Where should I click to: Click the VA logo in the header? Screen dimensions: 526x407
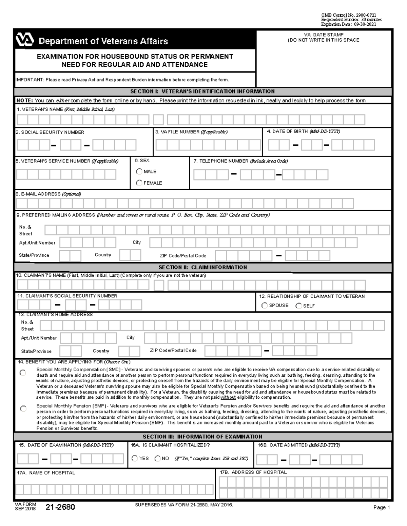(x=25, y=41)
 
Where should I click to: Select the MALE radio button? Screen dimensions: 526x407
(x=139, y=171)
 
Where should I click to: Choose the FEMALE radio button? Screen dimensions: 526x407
(x=139, y=183)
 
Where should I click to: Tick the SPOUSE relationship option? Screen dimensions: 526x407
(x=265, y=306)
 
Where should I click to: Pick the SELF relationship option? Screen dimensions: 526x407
(x=298, y=306)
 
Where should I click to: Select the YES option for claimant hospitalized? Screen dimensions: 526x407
(x=135, y=459)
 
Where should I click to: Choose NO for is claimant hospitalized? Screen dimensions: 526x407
(x=157, y=459)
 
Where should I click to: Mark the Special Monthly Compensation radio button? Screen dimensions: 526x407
(x=23, y=373)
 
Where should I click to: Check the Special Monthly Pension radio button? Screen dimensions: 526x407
(x=23, y=409)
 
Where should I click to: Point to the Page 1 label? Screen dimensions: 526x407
(x=382, y=507)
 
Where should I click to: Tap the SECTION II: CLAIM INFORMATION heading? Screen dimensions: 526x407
(x=203, y=267)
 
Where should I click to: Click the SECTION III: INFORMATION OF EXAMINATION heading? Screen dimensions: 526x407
(x=203, y=437)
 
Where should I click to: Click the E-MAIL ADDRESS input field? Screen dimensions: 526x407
(x=185, y=203)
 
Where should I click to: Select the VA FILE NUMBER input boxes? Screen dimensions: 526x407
(x=208, y=145)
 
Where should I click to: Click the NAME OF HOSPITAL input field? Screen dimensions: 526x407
(x=114, y=489)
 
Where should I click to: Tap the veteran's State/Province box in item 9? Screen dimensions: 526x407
(x=70, y=256)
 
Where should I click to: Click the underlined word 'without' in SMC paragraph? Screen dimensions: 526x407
(x=228, y=397)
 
